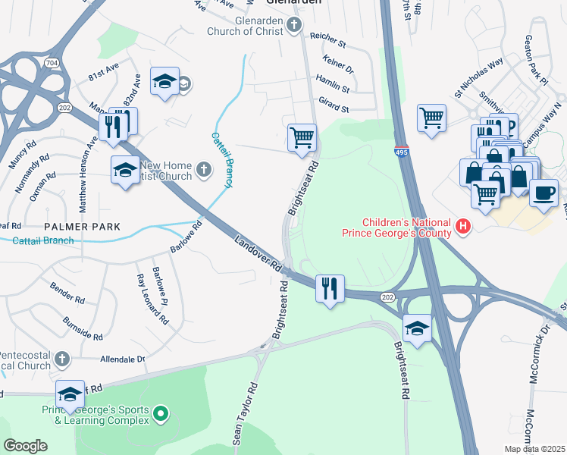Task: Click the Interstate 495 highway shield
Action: point(402,152)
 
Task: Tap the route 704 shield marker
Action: point(51,61)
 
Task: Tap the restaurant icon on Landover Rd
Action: point(330,288)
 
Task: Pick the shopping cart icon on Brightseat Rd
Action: point(302,138)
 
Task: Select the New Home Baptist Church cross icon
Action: point(203,170)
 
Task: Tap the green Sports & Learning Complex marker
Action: point(160,414)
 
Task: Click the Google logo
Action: point(25,446)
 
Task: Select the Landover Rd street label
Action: point(258,254)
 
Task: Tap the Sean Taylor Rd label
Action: point(246,413)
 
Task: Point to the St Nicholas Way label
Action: point(478,80)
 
